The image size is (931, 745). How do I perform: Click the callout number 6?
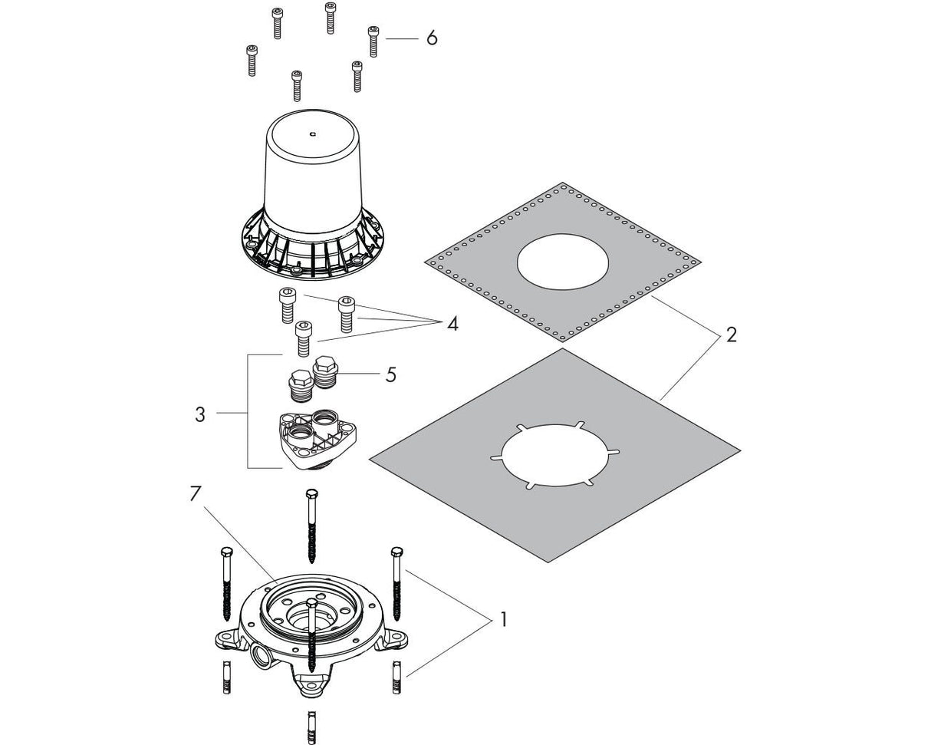click(x=432, y=38)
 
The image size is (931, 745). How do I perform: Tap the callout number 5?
click(x=391, y=375)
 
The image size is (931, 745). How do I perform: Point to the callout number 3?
click(x=200, y=414)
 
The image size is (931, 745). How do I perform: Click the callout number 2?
click(x=731, y=335)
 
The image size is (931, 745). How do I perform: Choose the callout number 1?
click(x=502, y=618)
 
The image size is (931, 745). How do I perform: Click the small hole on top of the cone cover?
click(x=312, y=134)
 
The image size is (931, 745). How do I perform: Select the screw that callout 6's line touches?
click(x=373, y=40)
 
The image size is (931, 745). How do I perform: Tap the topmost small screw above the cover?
click(x=330, y=15)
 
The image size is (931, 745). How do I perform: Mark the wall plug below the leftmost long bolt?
click(x=226, y=677)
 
